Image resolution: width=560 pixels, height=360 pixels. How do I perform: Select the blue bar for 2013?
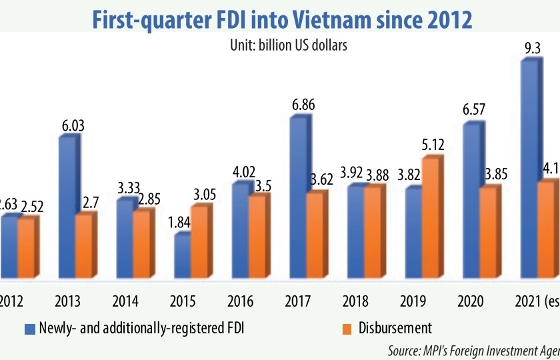point(68,207)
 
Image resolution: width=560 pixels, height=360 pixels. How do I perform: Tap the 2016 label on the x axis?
point(240,301)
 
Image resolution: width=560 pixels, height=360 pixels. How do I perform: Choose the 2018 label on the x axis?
point(356,301)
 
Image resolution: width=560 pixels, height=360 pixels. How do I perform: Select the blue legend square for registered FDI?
point(28,328)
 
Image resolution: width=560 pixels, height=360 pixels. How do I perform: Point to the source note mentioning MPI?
point(473,349)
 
